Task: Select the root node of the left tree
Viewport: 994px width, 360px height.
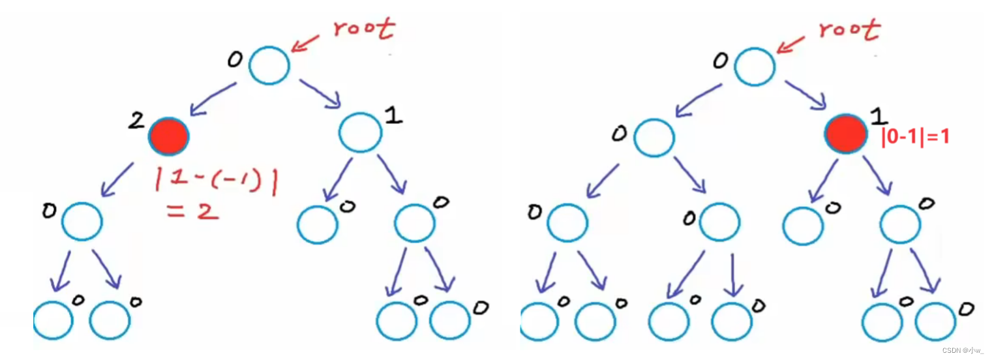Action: pos(269,65)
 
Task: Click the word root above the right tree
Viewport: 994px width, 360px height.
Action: pos(849,29)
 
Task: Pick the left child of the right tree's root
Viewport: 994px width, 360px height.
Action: pos(654,136)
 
